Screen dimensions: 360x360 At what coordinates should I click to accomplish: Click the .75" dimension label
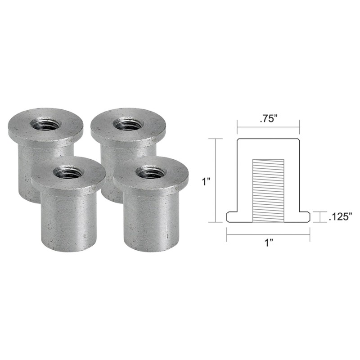click(269, 119)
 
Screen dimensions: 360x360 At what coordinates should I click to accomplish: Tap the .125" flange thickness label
click(341, 216)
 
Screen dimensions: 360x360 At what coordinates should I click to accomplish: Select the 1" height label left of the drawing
click(207, 182)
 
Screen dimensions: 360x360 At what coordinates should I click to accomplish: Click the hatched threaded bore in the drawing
click(268, 190)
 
